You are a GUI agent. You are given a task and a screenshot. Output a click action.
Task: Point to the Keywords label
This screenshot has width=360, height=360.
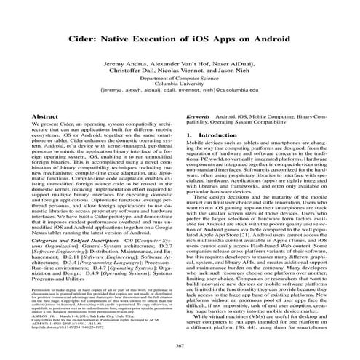coord(199,116)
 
